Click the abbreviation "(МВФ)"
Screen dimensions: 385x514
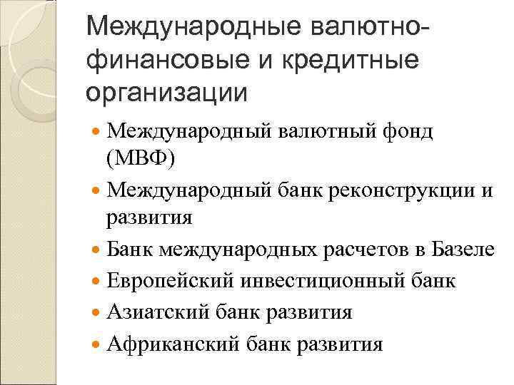(x=139, y=157)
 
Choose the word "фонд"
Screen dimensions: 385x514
(x=406, y=132)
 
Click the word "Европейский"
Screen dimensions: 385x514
(x=168, y=281)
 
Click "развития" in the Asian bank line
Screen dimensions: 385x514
(x=313, y=312)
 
